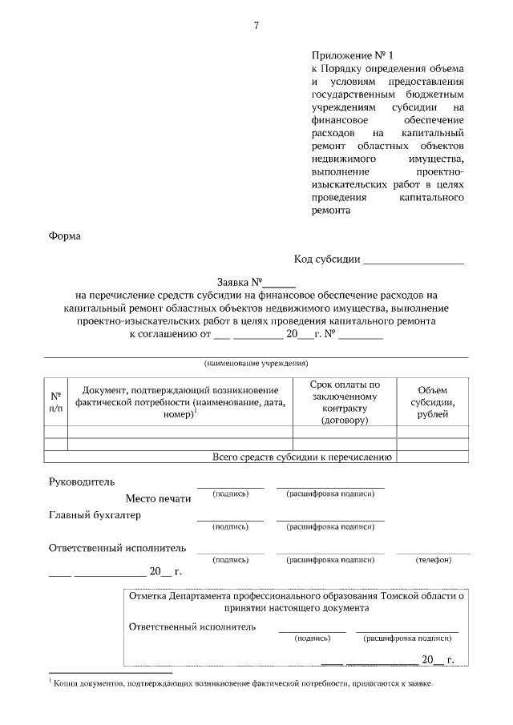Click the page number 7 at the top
(256, 26)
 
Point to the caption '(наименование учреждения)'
(256, 363)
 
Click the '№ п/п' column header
(55, 402)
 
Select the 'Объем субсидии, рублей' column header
(432, 402)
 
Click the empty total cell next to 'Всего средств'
(432, 457)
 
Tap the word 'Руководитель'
(82, 482)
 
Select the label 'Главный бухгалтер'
(95, 515)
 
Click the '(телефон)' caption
(433, 559)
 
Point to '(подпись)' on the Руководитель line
(230, 494)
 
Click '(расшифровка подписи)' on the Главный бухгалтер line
(330, 527)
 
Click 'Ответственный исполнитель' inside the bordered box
(192, 626)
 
